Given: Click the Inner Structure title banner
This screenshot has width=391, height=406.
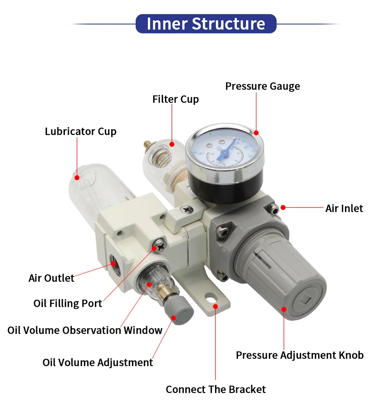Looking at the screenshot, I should [206, 24].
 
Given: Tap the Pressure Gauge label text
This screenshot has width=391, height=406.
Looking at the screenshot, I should [262, 86].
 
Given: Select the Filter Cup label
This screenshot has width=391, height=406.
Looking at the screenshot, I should [176, 99].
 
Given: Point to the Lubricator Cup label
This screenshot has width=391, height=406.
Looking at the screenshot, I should [81, 132].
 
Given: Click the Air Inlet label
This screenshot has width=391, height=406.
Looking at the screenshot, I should [344, 208].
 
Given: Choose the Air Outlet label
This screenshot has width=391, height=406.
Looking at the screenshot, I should [51, 278].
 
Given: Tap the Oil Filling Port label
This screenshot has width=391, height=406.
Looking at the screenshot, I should [68, 304].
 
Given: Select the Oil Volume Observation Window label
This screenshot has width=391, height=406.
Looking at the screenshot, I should [85, 330].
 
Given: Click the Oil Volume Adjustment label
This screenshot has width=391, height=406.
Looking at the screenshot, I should [98, 362].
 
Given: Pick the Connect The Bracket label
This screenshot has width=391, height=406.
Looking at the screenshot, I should [215, 389].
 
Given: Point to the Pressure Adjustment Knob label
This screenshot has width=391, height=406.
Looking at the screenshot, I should [299, 355].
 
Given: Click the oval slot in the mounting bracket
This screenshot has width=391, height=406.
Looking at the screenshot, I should [210, 298].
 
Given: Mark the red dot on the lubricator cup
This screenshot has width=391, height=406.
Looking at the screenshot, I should [77, 177].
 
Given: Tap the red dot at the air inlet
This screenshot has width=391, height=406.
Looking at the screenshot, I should [283, 207].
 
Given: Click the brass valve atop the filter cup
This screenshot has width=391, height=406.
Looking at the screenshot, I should [146, 144].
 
